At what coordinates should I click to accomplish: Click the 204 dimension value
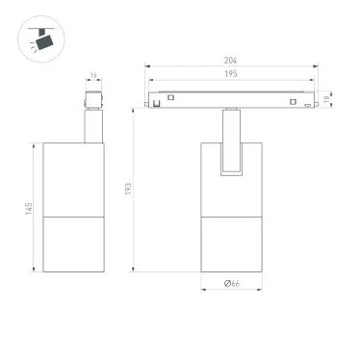coord(229,61)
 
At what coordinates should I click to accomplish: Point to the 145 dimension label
coord(31,209)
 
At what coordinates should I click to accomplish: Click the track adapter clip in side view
coord(92,100)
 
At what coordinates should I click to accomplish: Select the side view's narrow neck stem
coord(92,127)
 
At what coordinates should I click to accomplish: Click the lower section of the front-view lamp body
coord(231,243)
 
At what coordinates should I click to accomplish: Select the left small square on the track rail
coord(170,96)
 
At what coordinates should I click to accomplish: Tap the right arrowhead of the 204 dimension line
coord(314,66)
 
